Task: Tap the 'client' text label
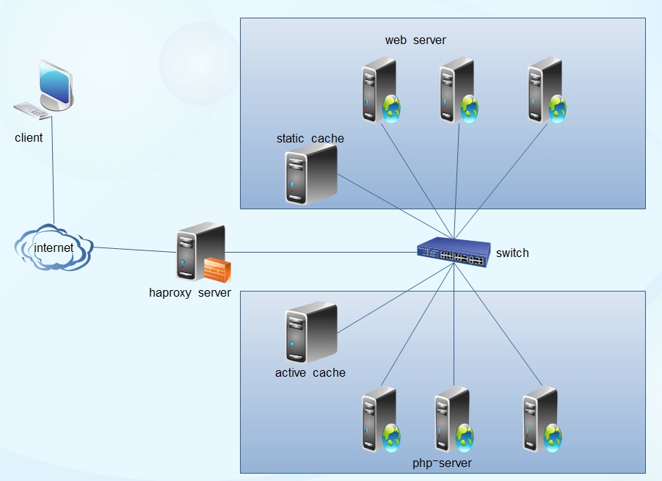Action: [29, 137]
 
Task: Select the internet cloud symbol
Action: [54, 248]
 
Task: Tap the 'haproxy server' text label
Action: [190, 293]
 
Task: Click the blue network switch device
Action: [452, 253]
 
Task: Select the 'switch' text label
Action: [512, 253]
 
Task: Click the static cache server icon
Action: [310, 175]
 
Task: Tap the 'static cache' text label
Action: [310, 138]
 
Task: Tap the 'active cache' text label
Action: [310, 372]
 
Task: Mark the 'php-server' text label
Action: [443, 463]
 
